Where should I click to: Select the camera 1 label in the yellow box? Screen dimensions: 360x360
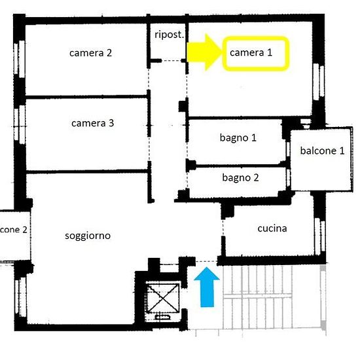[256, 53]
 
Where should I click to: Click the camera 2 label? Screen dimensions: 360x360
[90, 53]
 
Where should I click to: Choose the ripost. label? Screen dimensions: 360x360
[168, 34]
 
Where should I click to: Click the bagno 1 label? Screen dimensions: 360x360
[238, 137]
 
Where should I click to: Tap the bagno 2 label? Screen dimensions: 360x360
[240, 177]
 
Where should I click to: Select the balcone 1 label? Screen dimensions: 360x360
[322, 151]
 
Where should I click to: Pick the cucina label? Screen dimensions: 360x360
[272, 228]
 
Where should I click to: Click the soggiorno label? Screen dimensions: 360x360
[88, 236]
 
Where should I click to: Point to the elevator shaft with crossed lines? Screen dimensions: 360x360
[161, 298]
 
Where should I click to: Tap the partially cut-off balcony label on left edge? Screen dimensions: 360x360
[13, 230]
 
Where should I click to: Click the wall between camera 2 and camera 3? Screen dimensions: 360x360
[85, 98]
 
